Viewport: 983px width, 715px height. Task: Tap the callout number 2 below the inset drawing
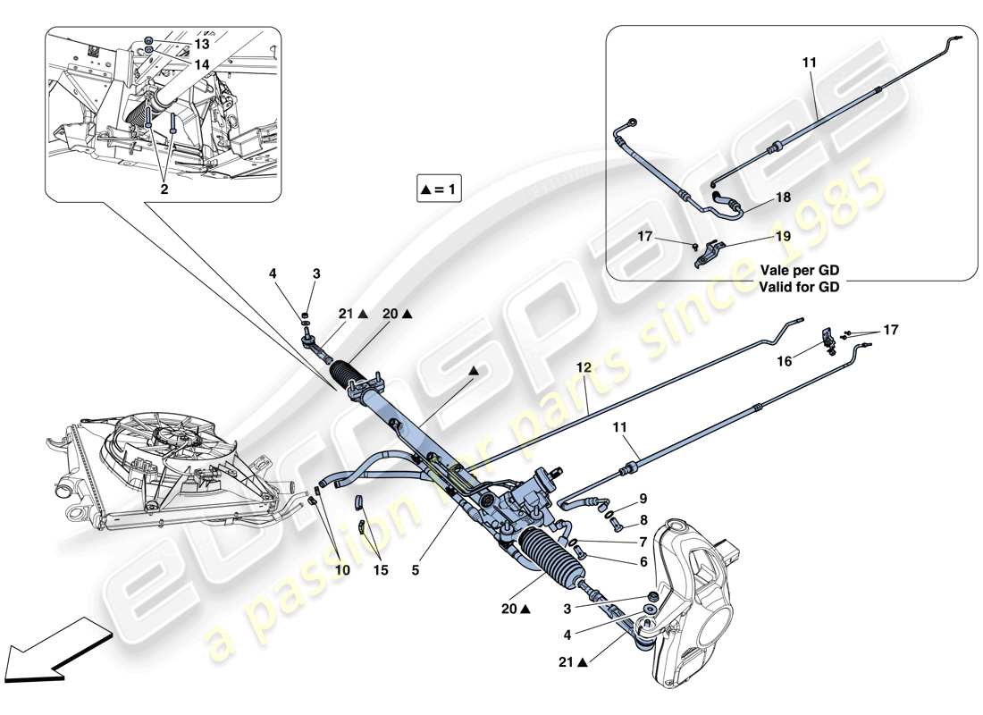coord(164,189)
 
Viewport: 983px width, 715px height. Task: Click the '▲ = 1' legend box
coord(439,189)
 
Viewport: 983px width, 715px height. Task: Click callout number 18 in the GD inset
coord(783,197)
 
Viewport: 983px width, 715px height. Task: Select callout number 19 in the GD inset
coord(783,237)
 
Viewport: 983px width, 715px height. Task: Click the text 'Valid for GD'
coord(801,287)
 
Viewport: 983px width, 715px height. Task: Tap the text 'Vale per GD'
coord(801,270)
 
